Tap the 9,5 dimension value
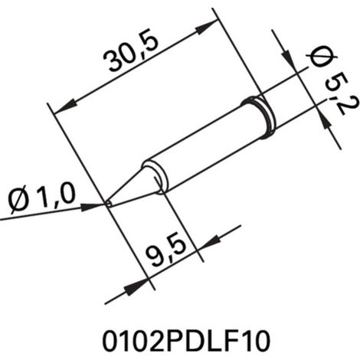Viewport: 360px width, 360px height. [x=165, y=250]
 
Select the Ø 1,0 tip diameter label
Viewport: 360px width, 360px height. [x=42, y=198]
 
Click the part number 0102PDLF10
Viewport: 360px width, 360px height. [x=186, y=342]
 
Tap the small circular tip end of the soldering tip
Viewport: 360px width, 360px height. [x=109, y=204]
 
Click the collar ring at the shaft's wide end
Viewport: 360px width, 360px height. [x=259, y=117]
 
